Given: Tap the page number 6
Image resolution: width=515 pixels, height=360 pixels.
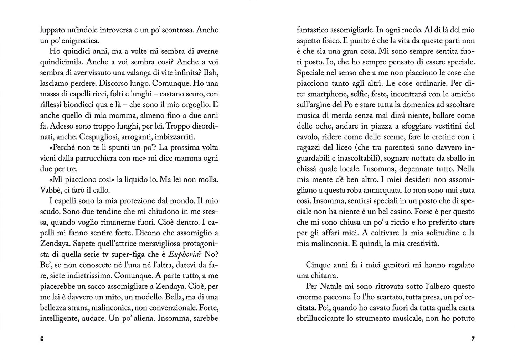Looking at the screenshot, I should [42, 339].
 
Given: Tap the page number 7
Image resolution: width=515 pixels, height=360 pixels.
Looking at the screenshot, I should [473, 339].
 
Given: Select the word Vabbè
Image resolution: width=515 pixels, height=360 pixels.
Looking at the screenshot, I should [49, 190].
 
